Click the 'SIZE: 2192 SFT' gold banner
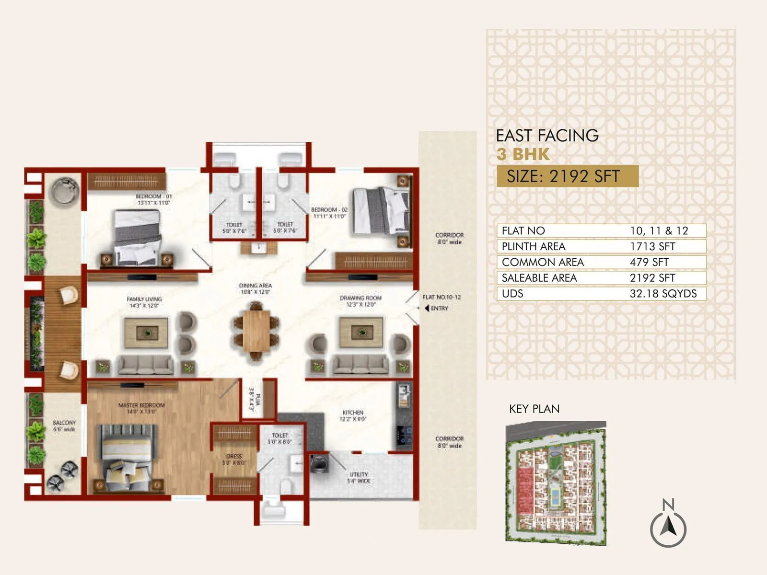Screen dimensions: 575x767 pyautogui.click(x=567, y=176)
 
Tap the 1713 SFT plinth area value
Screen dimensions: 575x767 pyautogui.click(x=652, y=246)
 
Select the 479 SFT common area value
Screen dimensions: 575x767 pyautogui.click(x=649, y=262)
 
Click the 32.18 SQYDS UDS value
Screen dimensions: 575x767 pyautogui.click(x=663, y=294)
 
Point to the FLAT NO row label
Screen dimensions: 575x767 pyautogui.click(x=523, y=231)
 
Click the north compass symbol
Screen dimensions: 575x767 pyautogui.click(x=668, y=528)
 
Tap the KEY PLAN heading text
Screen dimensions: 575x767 pyautogui.click(x=534, y=409)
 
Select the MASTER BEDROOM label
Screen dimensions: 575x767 pyautogui.click(x=141, y=408)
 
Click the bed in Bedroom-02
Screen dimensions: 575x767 pyautogui.click(x=382, y=212)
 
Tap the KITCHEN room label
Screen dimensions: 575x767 pyautogui.click(x=353, y=415)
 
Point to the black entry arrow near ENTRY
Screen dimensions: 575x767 pyautogui.click(x=426, y=308)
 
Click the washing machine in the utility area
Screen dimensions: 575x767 pyautogui.click(x=319, y=464)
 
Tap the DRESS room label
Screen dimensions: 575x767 pyautogui.click(x=234, y=460)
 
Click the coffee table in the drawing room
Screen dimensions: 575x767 pyautogui.click(x=361, y=332)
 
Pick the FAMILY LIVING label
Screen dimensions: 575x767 pyautogui.click(x=144, y=302)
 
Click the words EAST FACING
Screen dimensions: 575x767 pyautogui.click(x=547, y=136)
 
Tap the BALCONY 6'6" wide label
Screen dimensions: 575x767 pyautogui.click(x=64, y=426)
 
